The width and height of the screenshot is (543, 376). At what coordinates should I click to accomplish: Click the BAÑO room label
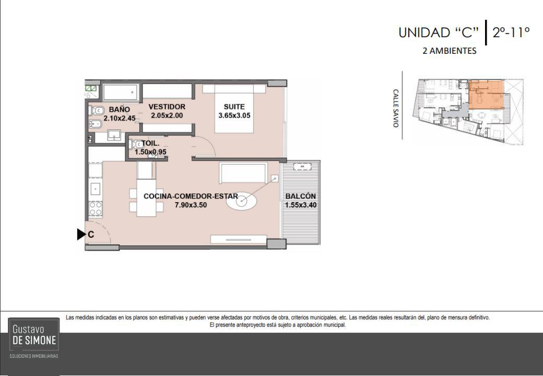119,110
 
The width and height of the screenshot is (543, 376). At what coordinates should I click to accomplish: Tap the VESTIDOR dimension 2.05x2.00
167,115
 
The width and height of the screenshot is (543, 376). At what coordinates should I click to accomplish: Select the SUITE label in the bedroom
234,107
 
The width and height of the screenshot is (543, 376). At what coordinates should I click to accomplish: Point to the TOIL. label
150,143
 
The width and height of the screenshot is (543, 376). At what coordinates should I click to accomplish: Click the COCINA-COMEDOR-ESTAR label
191,196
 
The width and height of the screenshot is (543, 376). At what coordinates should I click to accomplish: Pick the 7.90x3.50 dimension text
191,205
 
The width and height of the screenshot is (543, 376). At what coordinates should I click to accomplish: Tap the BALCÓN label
301,196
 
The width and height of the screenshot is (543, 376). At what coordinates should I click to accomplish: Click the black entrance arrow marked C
81,234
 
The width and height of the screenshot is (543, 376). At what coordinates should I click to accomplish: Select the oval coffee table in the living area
242,201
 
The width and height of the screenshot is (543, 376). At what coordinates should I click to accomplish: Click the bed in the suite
234,109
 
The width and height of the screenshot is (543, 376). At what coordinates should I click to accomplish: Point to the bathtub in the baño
121,92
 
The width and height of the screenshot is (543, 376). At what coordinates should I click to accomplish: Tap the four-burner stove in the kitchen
96,209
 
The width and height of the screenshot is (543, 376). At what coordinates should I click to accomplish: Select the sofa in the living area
243,173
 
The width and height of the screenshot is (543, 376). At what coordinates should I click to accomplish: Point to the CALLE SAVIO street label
395,109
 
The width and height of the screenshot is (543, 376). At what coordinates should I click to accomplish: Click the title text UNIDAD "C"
439,32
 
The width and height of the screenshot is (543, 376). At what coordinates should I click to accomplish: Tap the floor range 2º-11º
511,32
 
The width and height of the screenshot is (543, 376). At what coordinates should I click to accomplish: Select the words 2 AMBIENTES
450,51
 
